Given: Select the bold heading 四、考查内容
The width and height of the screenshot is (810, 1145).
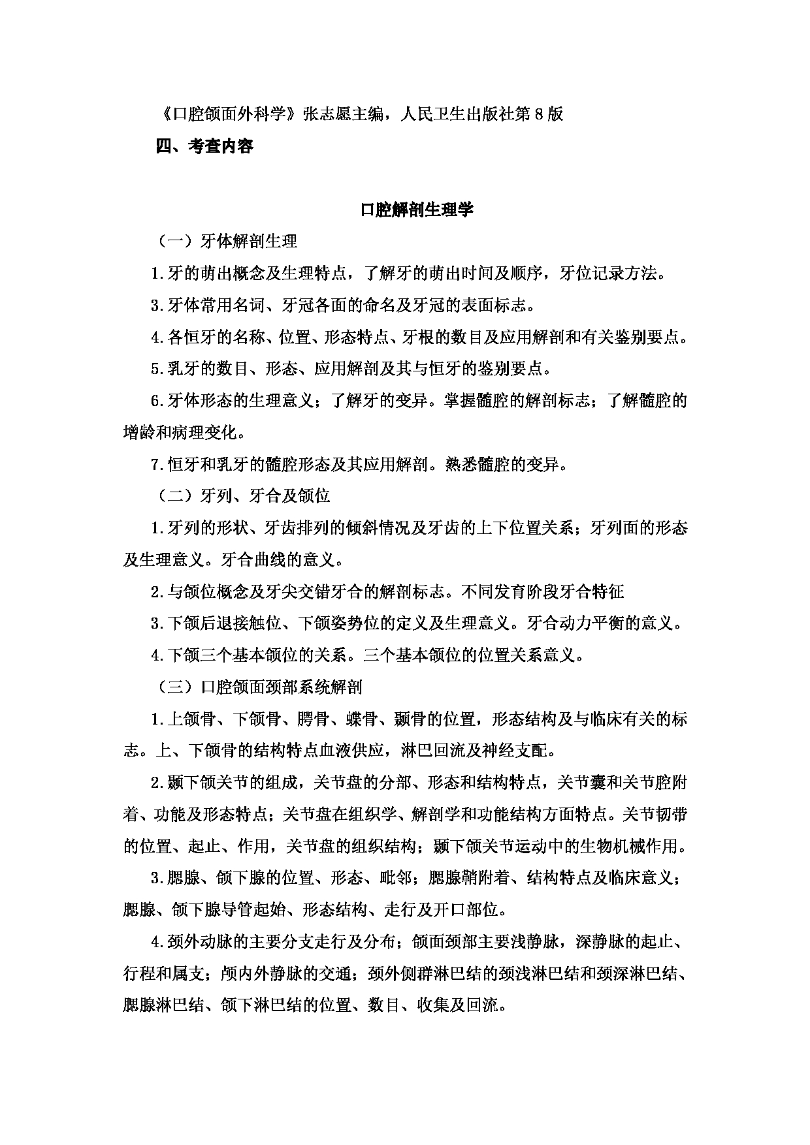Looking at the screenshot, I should [x=205, y=146].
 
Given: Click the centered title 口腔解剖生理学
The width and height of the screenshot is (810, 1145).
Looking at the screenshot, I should [x=417, y=210].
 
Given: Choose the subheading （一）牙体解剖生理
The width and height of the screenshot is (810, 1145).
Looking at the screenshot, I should [x=227, y=242].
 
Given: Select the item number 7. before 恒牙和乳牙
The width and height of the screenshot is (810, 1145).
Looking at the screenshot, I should [x=156, y=465].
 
